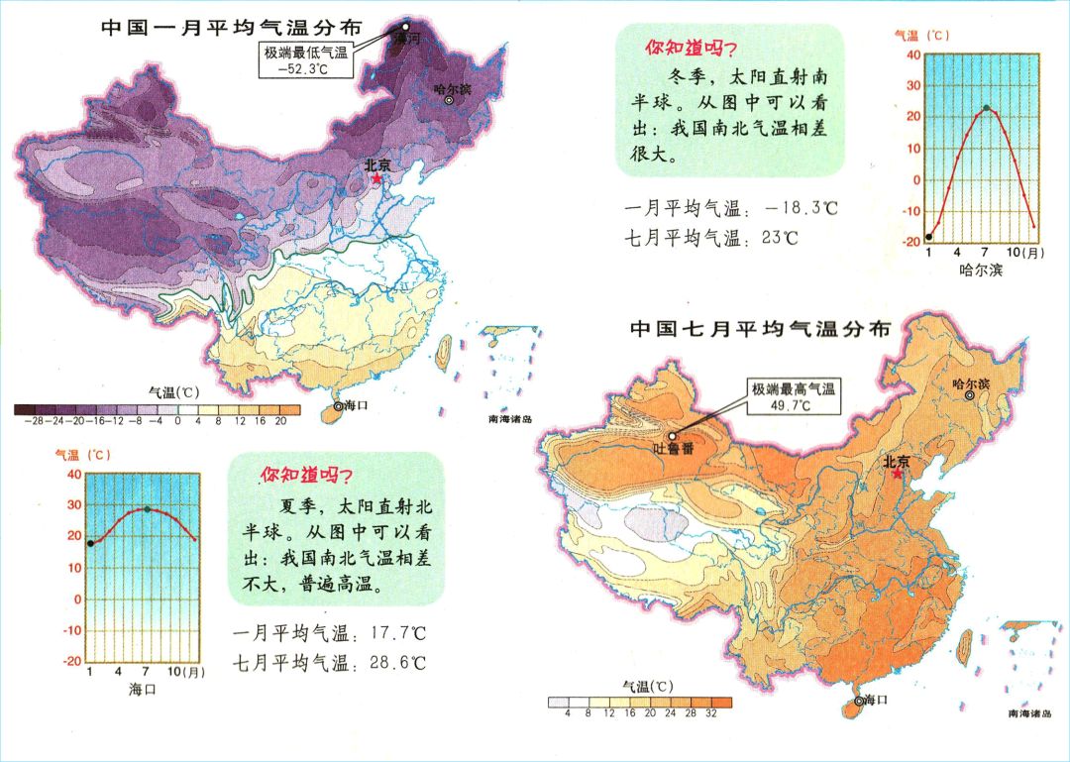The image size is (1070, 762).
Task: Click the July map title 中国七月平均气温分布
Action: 760,327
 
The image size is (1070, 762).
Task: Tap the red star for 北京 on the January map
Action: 375,180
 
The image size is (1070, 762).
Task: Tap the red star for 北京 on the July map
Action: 897,474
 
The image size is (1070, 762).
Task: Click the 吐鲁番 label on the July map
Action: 675,449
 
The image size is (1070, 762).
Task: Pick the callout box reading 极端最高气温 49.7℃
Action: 793,397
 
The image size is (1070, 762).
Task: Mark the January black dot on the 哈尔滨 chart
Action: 928,237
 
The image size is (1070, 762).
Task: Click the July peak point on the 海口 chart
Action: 147,509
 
